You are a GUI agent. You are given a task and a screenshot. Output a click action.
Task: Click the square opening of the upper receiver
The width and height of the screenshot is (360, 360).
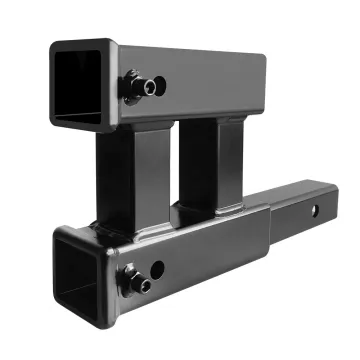[x=79, y=88]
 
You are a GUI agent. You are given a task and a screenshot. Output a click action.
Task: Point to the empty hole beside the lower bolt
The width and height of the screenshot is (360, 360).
[x=157, y=268]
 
